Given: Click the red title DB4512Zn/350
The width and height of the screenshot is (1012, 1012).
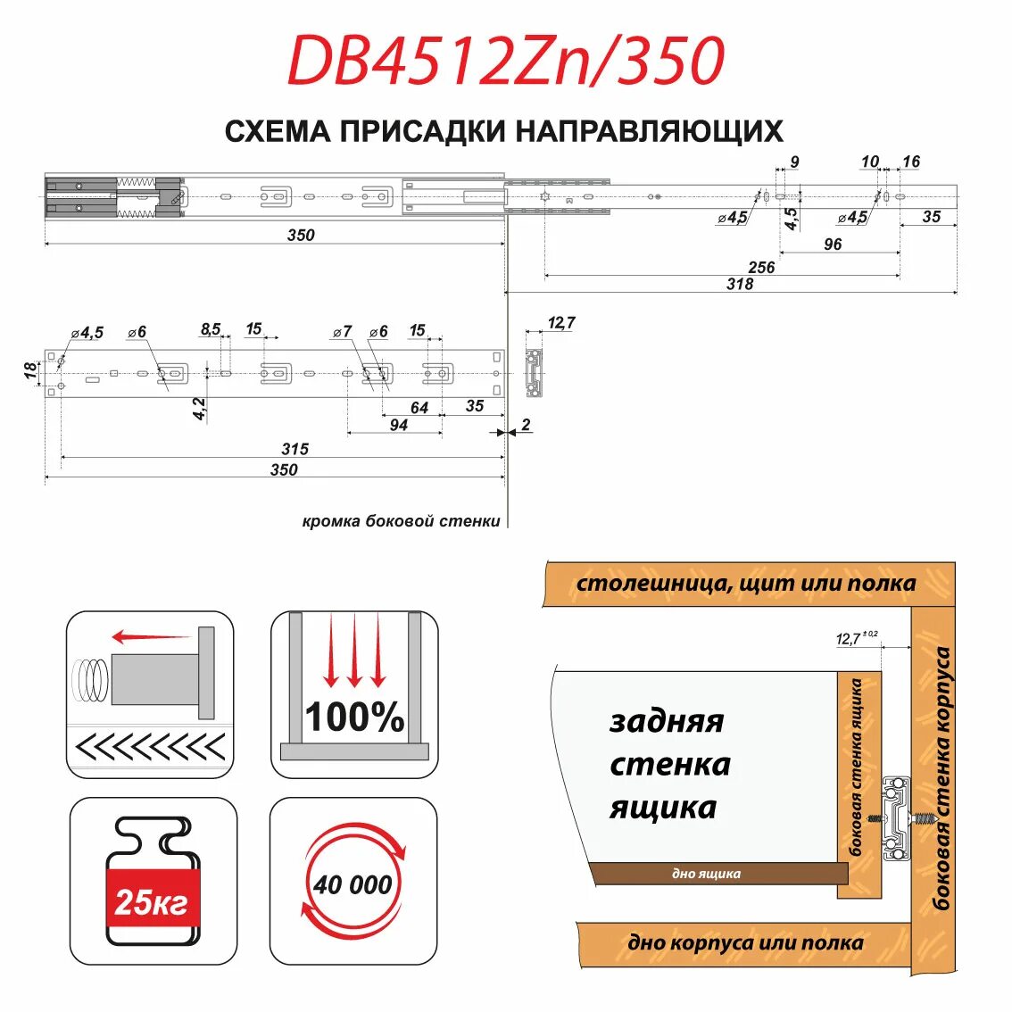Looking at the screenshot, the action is click(505, 62).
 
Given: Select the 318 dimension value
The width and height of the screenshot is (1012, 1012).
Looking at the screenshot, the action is click(740, 284).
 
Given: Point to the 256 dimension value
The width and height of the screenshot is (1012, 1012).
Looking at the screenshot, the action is click(761, 267).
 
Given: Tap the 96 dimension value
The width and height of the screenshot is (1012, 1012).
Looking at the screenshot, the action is click(833, 244).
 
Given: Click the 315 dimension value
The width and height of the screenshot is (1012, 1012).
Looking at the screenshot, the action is click(294, 449).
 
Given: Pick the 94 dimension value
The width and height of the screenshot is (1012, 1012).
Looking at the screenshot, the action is click(399, 425).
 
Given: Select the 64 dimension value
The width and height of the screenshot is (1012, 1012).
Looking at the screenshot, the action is click(419, 408).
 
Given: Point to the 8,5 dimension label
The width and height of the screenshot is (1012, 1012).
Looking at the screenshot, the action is click(211, 329).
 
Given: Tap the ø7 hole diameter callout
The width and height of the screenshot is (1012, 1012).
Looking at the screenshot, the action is click(342, 331).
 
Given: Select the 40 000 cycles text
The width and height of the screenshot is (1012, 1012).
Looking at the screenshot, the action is click(353, 884).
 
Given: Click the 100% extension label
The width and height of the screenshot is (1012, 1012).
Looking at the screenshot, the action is click(354, 718).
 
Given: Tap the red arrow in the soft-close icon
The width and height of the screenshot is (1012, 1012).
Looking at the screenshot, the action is click(151, 637).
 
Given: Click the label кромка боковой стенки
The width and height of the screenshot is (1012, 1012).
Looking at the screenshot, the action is click(401, 521).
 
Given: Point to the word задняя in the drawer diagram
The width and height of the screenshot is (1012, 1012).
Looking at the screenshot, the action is click(666, 720).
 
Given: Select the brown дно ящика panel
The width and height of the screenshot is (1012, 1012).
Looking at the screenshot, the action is click(719, 874).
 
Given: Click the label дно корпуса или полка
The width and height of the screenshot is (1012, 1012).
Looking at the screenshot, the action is click(745, 943).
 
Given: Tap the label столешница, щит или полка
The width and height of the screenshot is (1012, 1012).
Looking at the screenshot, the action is click(745, 584).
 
